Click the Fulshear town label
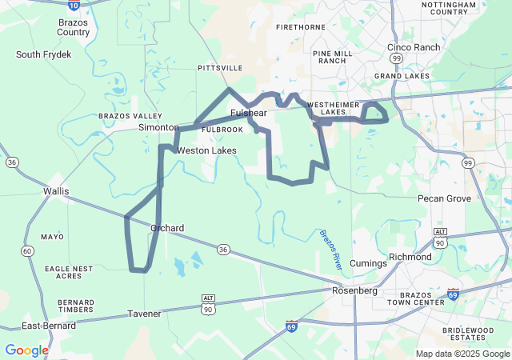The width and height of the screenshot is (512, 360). pos(248,114)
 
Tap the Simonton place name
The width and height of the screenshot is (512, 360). pos(158,127)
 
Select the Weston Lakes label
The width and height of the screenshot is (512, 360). pos(206,150)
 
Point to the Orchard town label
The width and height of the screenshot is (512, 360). pos(167,228)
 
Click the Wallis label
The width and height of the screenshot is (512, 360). pos(56,191)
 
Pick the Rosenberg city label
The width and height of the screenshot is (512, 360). pos(354,290)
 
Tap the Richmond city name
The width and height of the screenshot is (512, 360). pos(410,257)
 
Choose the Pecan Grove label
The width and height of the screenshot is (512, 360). pos(444,198)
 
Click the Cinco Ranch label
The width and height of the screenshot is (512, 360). pos(414,47)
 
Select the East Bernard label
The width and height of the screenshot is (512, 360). pos(49,326)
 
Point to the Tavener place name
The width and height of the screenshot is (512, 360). pos(144,314)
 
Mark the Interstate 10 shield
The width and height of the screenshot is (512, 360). pos(74,4)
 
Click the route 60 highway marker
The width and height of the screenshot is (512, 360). pos(28,251)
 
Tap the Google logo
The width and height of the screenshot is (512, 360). pos(26,350)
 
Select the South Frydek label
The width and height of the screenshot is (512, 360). pos(44,54)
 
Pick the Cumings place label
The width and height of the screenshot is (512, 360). pos(368,263)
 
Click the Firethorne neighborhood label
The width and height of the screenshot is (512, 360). pos(300,26)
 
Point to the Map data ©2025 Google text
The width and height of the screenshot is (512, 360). pos(462,354)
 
